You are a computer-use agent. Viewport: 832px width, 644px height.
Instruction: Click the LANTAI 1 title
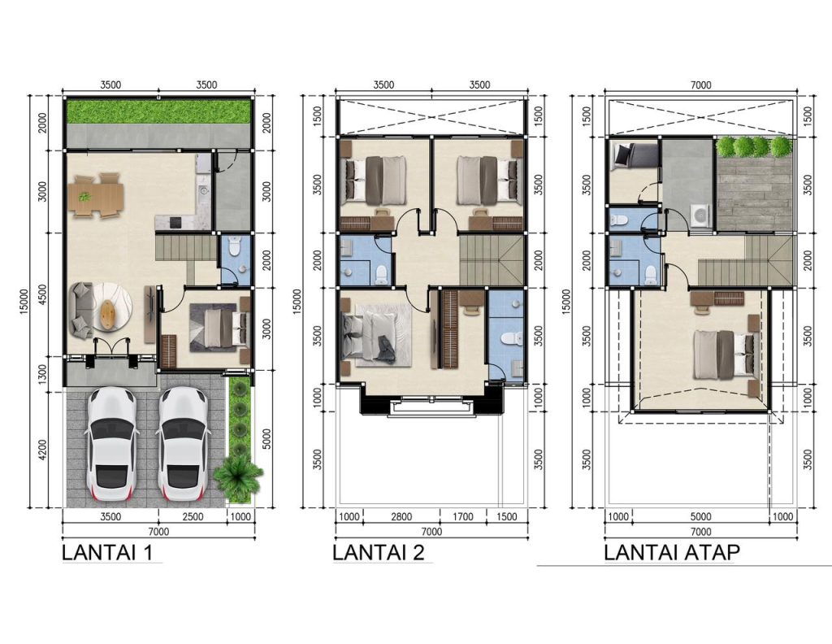tap(107, 552)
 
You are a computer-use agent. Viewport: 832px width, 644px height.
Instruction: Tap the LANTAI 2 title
tap(379, 552)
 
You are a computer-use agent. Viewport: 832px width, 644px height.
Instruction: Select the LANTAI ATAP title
tap(672, 552)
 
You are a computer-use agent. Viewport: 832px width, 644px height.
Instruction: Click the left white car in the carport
tap(111, 444)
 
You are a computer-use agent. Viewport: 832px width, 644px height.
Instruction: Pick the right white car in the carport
tap(183, 444)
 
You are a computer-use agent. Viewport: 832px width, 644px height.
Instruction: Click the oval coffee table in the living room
tap(108, 309)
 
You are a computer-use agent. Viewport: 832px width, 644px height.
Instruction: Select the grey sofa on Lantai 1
tap(81, 310)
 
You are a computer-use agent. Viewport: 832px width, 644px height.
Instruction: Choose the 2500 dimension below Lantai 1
tap(192, 516)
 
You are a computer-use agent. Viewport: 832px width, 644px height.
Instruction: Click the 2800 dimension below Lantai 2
tap(401, 516)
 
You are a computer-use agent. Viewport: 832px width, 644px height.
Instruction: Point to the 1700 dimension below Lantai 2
tap(462, 516)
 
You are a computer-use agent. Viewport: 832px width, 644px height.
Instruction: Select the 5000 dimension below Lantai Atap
tap(700, 516)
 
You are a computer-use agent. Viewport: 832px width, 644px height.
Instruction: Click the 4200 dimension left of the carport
tap(42, 450)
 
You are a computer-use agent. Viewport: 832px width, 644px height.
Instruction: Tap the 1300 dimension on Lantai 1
tap(42, 374)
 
